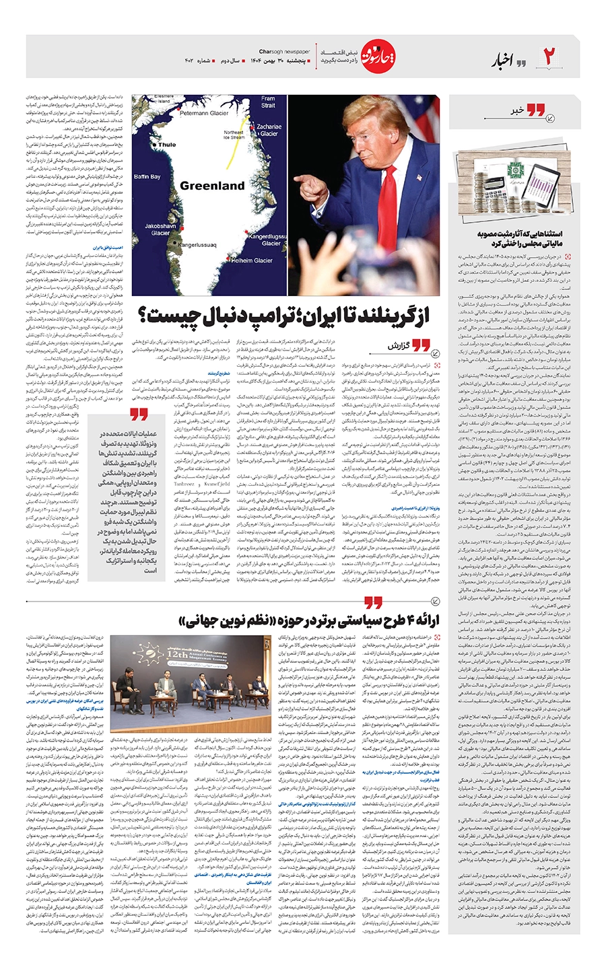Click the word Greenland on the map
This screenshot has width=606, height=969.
(212, 186)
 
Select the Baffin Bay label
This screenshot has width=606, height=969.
(147, 177)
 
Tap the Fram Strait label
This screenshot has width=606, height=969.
(268, 102)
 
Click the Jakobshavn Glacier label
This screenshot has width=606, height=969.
(160, 229)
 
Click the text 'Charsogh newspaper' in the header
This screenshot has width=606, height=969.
(284, 51)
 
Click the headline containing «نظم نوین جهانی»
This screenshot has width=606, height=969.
(310, 621)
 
